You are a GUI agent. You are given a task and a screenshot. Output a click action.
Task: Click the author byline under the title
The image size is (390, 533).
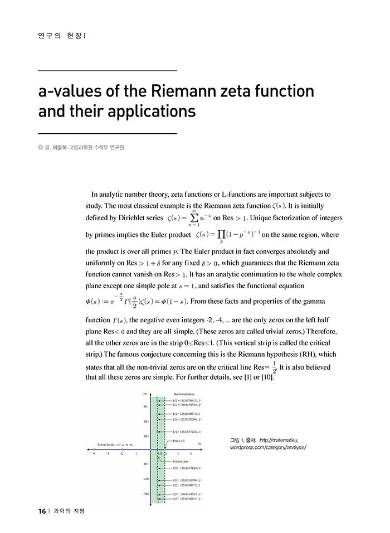click(x=83, y=148)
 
